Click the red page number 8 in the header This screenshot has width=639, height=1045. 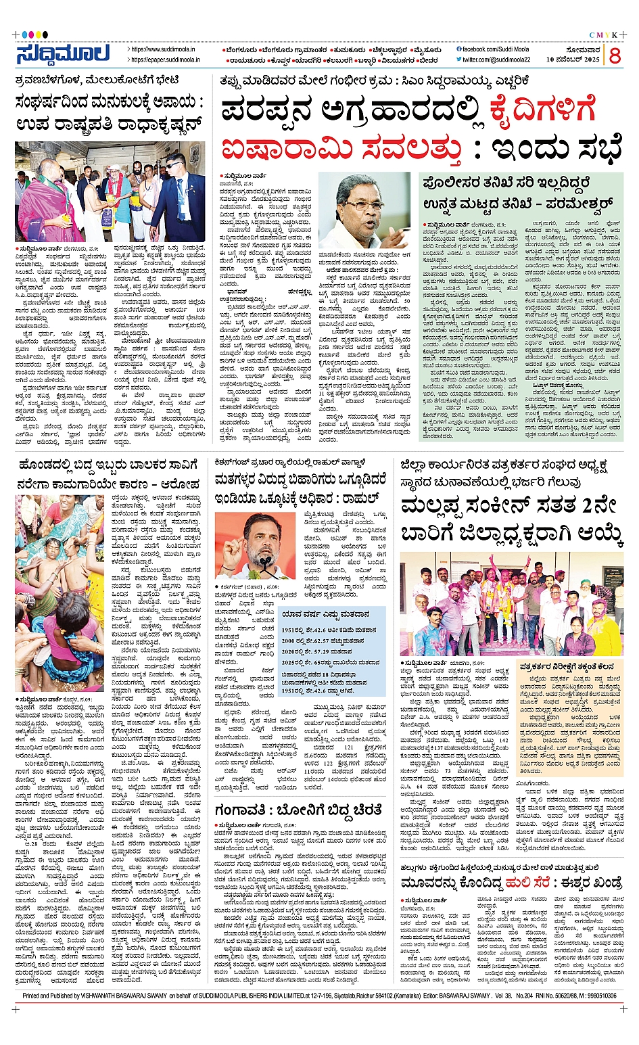coord(614,55)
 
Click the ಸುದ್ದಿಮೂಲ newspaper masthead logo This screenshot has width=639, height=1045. coord(63,55)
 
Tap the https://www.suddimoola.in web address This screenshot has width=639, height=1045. coord(163,49)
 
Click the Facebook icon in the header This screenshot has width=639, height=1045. coord(459,49)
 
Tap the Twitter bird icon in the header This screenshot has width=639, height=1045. coord(459,60)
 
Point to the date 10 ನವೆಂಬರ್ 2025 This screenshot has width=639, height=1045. coord(573,60)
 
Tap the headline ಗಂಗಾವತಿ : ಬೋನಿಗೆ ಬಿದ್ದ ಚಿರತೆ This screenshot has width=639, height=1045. coord(298,810)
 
